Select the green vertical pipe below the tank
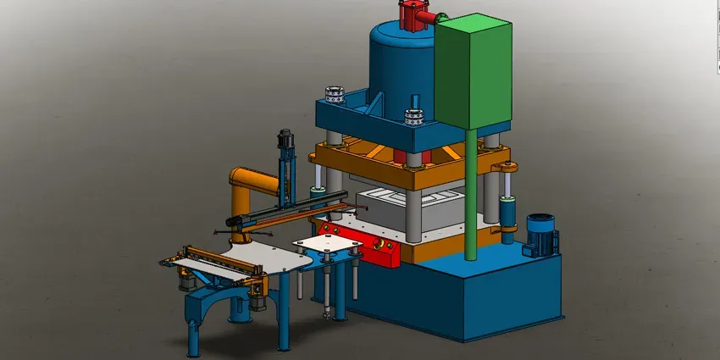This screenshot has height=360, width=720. pos(468,203)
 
